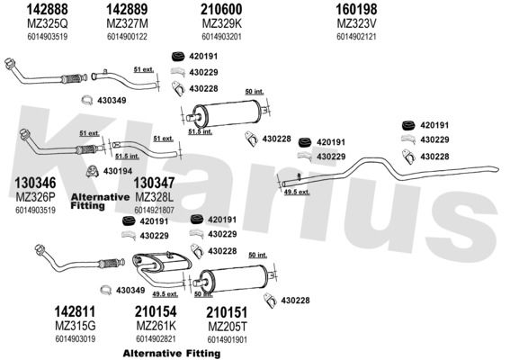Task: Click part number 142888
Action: (47, 9)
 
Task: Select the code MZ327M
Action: (127, 23)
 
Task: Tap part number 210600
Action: (221, 9)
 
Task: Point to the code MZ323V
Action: (356, 23)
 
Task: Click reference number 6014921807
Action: (154, 211)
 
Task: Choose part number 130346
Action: (35, 183)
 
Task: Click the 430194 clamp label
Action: (118, 171)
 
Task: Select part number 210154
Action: (156, 311)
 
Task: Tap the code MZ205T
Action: (228, 326)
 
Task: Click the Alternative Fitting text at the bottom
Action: (172, 353)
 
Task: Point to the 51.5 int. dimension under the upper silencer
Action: (201, 131)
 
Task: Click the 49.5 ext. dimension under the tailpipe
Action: (297, 192)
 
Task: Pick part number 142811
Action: (75, 311)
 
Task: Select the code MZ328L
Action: (154, 197)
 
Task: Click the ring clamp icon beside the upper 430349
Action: (87, 100)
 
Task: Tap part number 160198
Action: (356, 9)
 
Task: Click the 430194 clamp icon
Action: (93, 171)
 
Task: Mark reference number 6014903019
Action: (76, 338)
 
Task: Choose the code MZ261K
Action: (156, 326)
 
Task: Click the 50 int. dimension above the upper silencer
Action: (255, 92)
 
